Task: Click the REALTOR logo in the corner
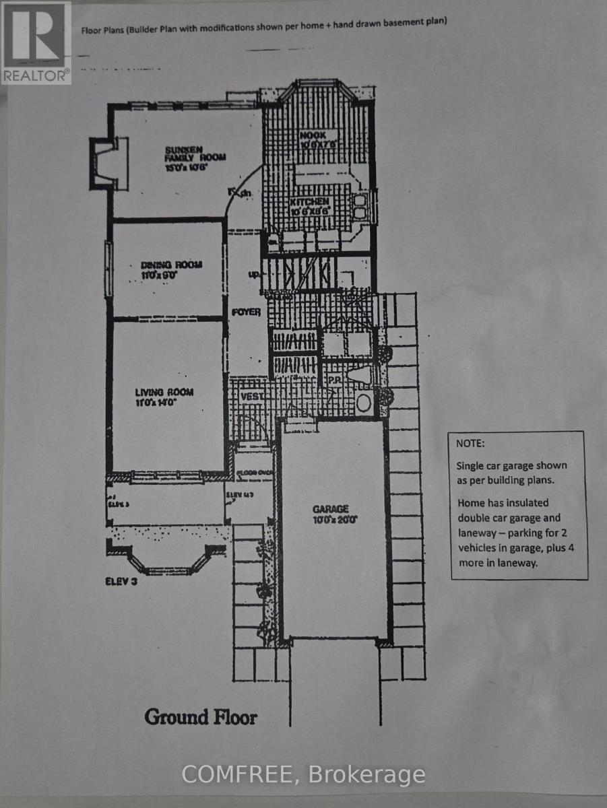pos(36,42)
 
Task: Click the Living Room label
pos(164,393)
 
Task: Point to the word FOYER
pos(246,312)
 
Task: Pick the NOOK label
pos(313,135)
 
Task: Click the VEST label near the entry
pos(252,397)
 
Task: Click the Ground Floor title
pos(201,716)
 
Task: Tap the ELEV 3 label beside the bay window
pos(121,582)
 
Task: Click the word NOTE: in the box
pos(470,445)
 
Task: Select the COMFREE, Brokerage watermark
pos(303,774)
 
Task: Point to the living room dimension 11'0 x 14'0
pos(165,403)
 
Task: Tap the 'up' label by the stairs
pos(254,275)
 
